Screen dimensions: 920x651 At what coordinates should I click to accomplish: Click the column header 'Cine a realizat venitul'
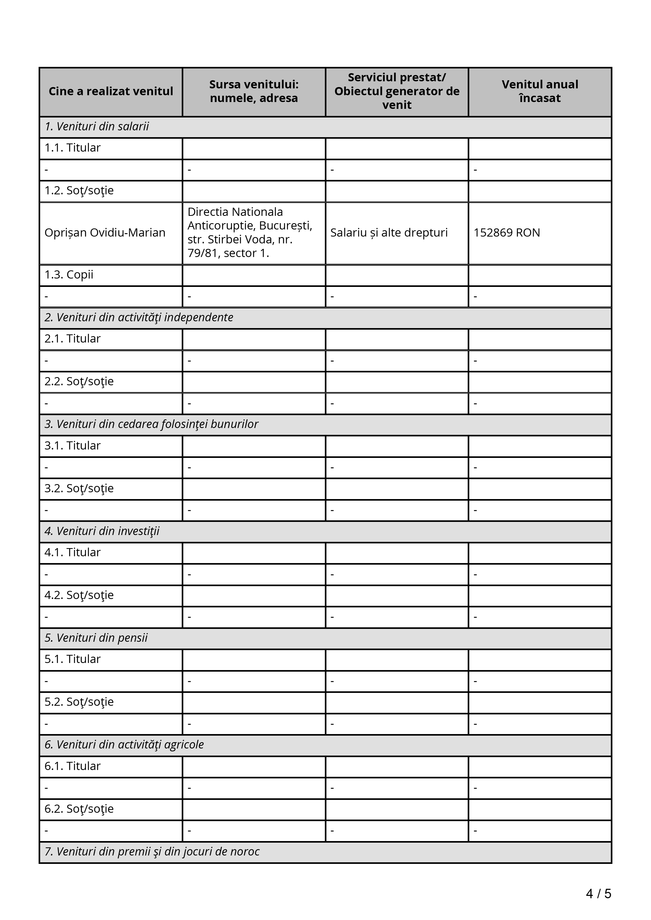[x=111, y=91]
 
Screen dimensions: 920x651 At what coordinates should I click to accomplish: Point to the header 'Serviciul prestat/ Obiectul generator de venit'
[x=397, y=91]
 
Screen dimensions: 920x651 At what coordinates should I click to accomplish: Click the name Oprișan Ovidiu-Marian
[x=105, y=233]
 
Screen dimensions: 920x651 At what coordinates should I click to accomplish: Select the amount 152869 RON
[x=507, y=233]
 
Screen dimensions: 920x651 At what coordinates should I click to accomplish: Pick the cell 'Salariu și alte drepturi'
[x=389, y=233]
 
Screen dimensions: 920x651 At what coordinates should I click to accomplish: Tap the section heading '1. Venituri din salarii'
[x=97, y=127]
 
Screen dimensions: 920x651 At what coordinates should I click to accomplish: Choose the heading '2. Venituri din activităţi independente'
[x=139, y=317]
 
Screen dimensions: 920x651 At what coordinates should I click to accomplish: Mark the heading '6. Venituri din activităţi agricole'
[x=124, y=745]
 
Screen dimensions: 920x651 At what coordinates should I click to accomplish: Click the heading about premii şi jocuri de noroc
[x=152, y=852]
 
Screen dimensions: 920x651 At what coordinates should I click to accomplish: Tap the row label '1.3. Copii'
[x=69, y=275]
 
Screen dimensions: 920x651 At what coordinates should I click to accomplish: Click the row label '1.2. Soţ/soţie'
[x=79, y=190]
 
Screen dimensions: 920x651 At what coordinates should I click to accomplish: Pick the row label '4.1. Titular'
[x=72, y=553]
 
